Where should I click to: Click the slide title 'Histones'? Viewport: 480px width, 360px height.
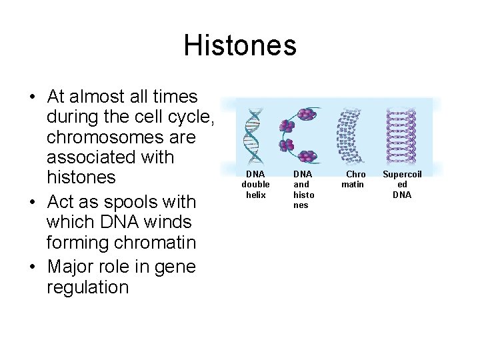[240, 46]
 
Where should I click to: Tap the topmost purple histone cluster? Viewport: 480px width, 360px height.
[306, 114]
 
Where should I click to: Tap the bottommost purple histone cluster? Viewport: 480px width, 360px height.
[307, 157]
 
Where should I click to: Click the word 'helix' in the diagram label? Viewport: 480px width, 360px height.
[255, 195]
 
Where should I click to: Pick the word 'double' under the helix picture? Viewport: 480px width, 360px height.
[255, 185]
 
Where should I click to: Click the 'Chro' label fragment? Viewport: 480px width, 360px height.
[355, 174]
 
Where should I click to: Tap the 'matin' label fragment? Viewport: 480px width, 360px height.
[353, 184]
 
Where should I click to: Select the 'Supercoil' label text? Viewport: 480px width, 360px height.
[401, 174]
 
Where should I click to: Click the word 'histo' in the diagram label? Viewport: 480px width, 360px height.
[303, 195]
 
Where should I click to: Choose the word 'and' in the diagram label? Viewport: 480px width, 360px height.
[301, 185]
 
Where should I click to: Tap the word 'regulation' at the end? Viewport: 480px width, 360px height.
[87, 288]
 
